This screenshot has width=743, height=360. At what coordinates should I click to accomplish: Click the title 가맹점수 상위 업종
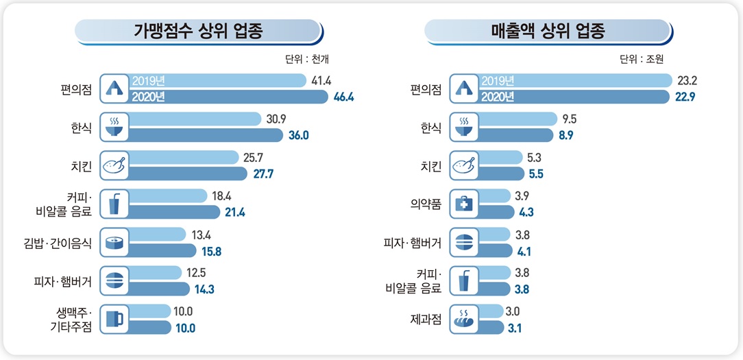tap(198, 32)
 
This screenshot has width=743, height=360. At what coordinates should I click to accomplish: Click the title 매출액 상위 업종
tap(548, 32)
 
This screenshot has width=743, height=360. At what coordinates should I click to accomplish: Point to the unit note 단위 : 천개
tap(308, 59)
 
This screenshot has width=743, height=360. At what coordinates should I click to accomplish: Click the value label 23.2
tap(687, 81)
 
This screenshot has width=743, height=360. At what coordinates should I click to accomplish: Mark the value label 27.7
tap(263, 173)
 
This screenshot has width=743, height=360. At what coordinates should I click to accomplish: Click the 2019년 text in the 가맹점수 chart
tap(148, 81)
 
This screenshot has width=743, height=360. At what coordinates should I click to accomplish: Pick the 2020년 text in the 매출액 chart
tap(498, 97)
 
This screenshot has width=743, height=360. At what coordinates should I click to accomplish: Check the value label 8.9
tap(565, 135)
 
